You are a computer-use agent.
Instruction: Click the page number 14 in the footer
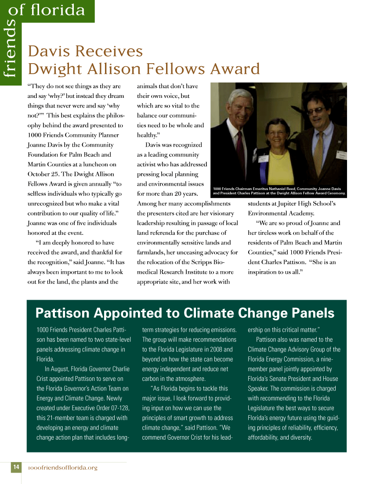click(16, 467)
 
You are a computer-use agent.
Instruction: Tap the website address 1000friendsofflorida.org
click(62, 468)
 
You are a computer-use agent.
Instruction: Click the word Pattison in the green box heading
click(62, 313)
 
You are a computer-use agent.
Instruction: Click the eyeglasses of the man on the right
click(315, 110)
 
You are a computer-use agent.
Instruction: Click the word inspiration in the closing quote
click(265, 272)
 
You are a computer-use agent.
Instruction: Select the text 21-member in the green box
click(63, 418)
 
